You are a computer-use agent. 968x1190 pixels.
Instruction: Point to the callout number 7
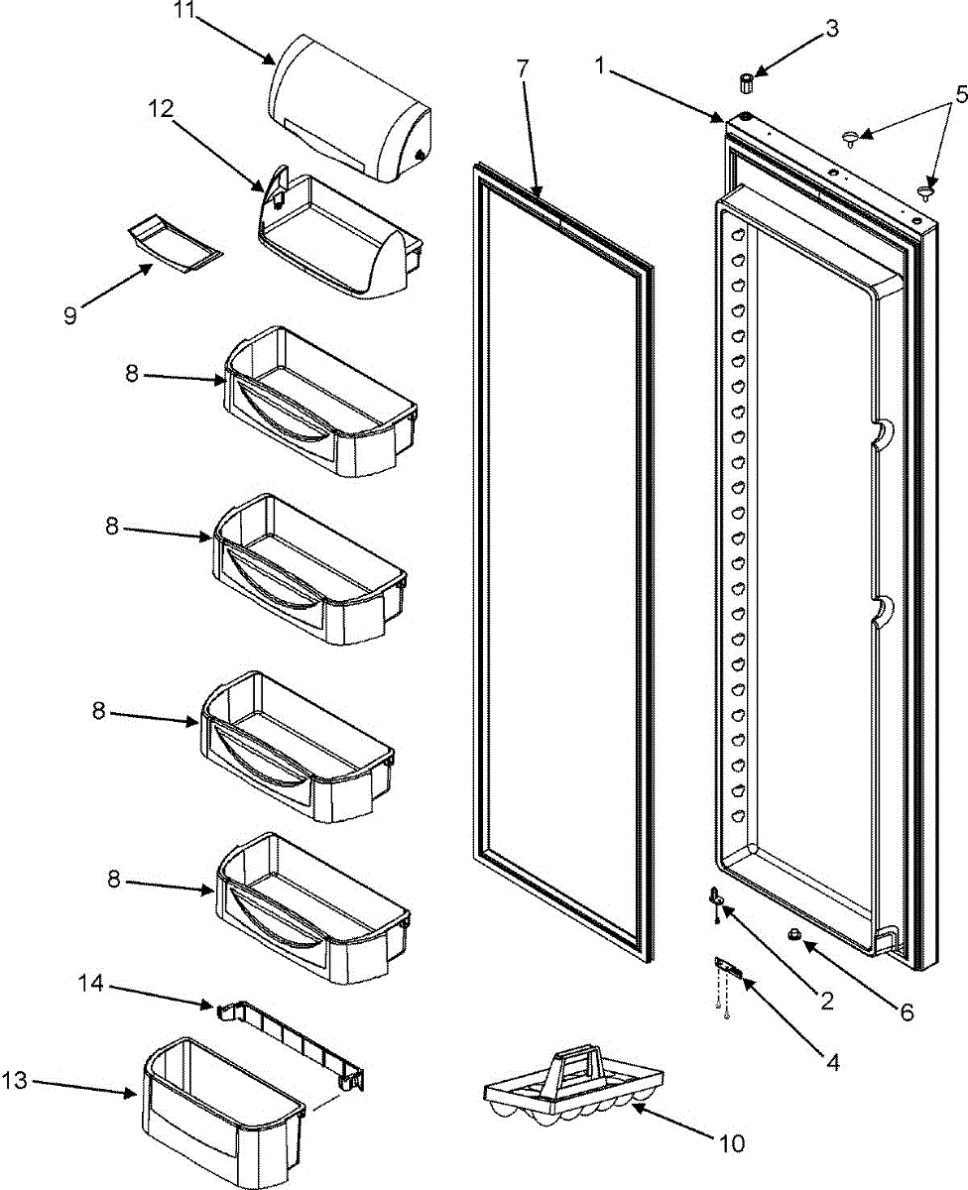point(523,69)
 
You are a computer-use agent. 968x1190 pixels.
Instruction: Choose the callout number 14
point(91,983)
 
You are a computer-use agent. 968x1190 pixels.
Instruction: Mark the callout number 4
point(831,1062)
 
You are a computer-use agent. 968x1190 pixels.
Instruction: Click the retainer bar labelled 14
point(288,1041)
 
